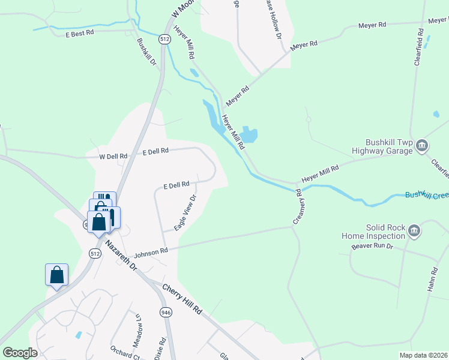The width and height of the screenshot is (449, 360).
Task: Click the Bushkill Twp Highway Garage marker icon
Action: pos(422,145)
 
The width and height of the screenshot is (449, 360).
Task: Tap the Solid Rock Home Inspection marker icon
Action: pos(414,231)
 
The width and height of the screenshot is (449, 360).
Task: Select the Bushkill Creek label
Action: pos(426,194)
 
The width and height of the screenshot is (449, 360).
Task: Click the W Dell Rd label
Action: pos(113,156)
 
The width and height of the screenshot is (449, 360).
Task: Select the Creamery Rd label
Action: pos(297,208)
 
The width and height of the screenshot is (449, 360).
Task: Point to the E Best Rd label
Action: pos(80,35)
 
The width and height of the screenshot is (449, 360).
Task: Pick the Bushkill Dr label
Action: pos(146,52)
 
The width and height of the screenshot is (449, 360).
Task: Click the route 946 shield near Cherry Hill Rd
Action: pos(166,312)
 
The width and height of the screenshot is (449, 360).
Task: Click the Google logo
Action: pos(20,353)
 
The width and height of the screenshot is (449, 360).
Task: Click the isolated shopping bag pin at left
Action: pos(56,275)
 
